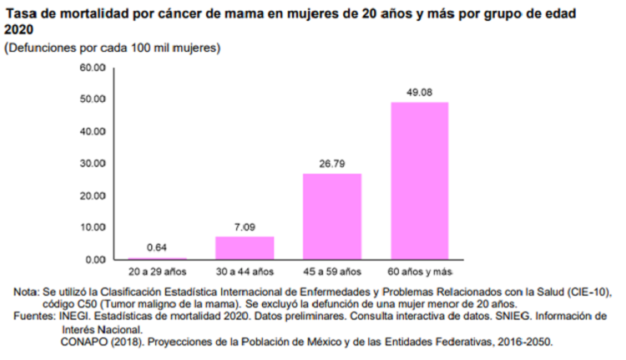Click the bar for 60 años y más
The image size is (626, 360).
click(x=420, y=180)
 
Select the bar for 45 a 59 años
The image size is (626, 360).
click(x=332, y=216)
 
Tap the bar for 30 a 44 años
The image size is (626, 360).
click(x=245, y=248)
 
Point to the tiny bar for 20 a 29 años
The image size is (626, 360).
click(x=157, y=258)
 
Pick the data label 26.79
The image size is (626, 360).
click(x=332, y=165)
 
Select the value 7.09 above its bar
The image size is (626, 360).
click(x=245, y=227)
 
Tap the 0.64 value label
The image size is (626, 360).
click(x=157, y=248)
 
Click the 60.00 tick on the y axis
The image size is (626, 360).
click(x=92, y=67)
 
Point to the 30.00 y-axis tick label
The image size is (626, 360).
click(x=92, y=163)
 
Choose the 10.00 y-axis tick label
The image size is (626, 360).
click(x=92, y=227)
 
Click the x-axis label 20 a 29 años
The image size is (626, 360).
click(x=157, y=271)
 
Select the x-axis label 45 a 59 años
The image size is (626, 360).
click(x=332, y=271)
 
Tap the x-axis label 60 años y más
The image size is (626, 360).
click(x=420, y=271)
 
